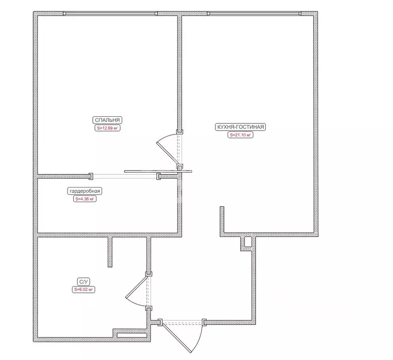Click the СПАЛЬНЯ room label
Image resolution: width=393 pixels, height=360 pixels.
[x=107, y=120]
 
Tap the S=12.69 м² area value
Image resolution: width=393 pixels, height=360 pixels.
[x=107, y=128]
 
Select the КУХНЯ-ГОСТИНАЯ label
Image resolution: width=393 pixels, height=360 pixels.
[x=240, y=127]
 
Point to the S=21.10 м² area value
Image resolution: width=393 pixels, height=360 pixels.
[x=240, y=135]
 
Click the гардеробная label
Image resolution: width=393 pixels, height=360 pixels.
[x=85, y=191]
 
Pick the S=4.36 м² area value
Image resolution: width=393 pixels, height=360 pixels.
[x=85, y=199]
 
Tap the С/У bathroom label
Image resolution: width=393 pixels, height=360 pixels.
[x=83, y=282]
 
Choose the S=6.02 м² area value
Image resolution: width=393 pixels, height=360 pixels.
[x=83, y=290]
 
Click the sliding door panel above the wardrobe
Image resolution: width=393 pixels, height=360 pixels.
[x=158, y=172]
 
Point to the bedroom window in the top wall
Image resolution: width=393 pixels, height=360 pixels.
[x=110, y=14]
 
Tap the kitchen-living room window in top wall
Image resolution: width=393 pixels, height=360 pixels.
[x=254, y=14]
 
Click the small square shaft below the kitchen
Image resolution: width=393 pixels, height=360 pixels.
[x=248, y=242]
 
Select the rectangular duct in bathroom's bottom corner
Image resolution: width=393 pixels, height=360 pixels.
[x=132, y=335]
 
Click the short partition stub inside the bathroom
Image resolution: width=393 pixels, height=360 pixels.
[x=110, y=252]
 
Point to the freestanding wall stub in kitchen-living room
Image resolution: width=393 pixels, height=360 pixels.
[x=222, y=220]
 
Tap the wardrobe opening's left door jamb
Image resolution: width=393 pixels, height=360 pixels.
[x=91, y=176]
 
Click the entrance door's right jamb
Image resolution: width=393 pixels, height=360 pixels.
[x=204, y=322]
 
